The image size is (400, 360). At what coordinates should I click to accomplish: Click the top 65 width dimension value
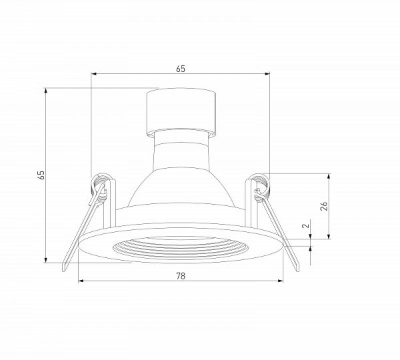(x=180, y=68)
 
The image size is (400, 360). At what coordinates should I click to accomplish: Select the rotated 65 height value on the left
(x=41, y=175)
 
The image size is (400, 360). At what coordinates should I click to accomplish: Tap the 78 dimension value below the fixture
(x=180, y=275)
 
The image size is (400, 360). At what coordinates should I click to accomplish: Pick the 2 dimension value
(x=306, y=227)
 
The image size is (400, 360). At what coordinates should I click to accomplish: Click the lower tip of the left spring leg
(x=63, y=269)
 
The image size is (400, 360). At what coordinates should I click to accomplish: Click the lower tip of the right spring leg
(x=297, y=269)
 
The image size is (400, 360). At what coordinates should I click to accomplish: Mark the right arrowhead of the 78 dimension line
(x=281, y=280)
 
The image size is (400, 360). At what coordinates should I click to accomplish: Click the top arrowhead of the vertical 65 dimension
(x=45, y=89)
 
